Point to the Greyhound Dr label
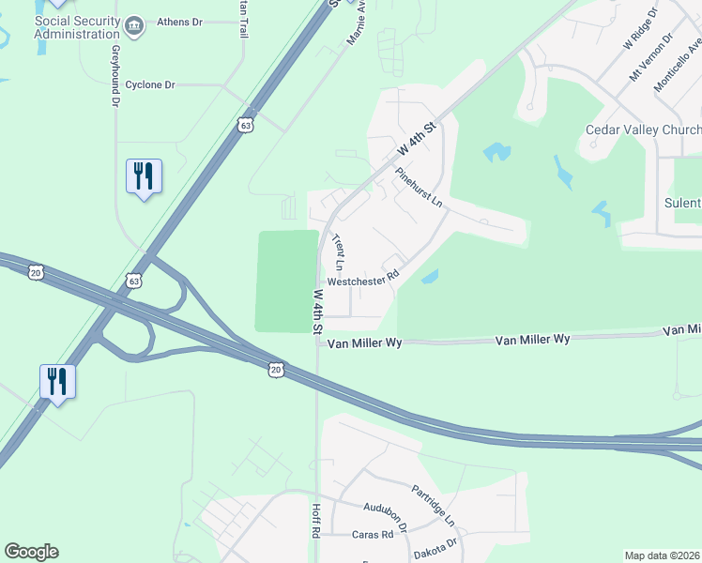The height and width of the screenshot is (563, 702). [x=116, y=74]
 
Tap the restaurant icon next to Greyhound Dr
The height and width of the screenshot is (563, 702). [x=144, y=175]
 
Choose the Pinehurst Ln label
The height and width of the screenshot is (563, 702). [x=419, y=189]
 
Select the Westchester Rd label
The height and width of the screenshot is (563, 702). [x=363, y=280]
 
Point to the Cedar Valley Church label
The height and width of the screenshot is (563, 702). [x=643, y=129]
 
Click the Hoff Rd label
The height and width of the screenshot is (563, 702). [x=316, y=520]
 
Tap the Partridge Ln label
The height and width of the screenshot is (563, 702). [x=433, y=505]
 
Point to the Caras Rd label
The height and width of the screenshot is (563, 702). [x=372, y=534]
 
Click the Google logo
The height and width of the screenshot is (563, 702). [x=31, y=552]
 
